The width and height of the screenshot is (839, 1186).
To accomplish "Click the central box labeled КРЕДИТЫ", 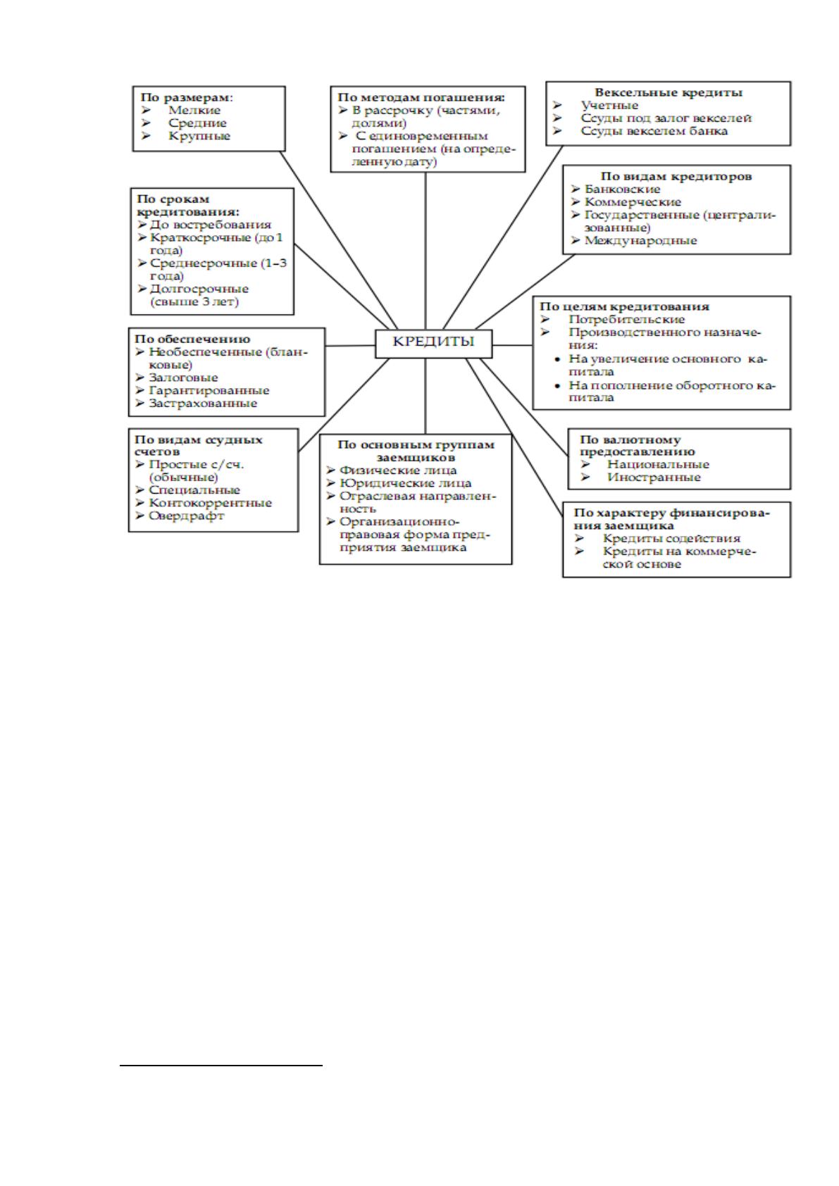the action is (x=433, y=344).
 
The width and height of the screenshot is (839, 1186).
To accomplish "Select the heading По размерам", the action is (x=187, y=97).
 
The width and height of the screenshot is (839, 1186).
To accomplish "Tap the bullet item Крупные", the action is (x=199, y=136).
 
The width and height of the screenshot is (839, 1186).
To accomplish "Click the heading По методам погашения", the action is (x=421, y=97).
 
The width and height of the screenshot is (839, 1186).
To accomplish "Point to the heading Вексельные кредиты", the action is (x=669, y=93).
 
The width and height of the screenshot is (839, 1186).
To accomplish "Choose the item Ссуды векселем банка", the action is (x=654, y=131).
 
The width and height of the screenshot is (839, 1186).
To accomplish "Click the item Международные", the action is (x=640, y=240).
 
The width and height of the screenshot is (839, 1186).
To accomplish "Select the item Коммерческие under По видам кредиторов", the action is (x=633, y=201).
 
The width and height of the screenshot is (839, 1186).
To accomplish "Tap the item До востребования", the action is (x=211, y=225).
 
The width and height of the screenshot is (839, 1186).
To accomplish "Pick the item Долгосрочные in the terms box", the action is (x=199, y=289).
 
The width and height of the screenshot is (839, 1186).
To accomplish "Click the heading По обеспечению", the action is (x=192, y=339).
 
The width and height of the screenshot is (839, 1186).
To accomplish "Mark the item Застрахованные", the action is (x=203, y=404).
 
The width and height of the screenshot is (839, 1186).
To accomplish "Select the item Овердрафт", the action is (x=187, y=516).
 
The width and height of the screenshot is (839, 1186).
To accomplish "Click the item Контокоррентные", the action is (x=211, y=503).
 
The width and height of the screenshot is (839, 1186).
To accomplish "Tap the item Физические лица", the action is (x=398, y=470).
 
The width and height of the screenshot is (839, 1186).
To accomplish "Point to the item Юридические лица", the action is (x=405, y=483).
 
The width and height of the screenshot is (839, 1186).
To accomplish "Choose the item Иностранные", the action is (x=654, y=477).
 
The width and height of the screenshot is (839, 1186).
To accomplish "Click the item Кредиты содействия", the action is (x=671, y=539).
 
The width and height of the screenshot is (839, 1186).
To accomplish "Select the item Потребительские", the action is (x=626, y=319).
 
